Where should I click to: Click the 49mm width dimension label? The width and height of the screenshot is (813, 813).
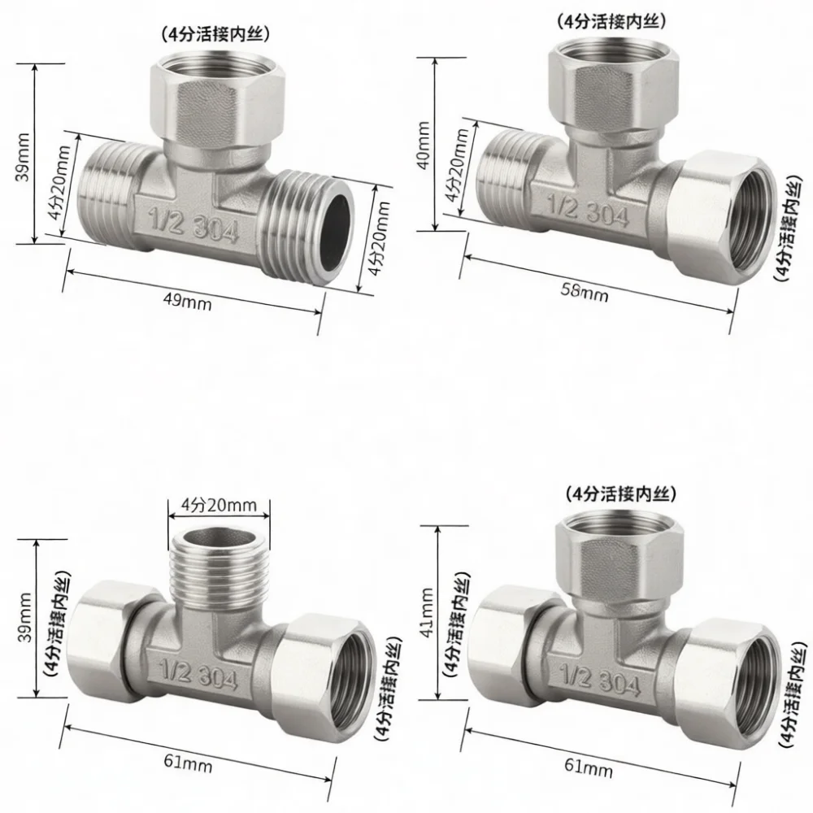(x=187, y=301)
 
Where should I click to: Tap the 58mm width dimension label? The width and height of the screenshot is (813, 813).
(x=585, y=292)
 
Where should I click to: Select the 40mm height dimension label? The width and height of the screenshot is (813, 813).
(x=424, y=146)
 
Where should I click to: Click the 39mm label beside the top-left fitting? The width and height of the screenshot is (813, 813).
(x=23, y=157)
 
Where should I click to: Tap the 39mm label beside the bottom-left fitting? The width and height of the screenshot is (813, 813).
(x=24, y=617)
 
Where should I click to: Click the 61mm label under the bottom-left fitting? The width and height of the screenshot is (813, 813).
(x=188, y=763)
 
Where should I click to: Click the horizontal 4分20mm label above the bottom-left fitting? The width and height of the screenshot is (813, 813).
(x=218, y=505)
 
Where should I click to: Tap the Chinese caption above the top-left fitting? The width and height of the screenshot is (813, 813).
(x=215, y=35)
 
